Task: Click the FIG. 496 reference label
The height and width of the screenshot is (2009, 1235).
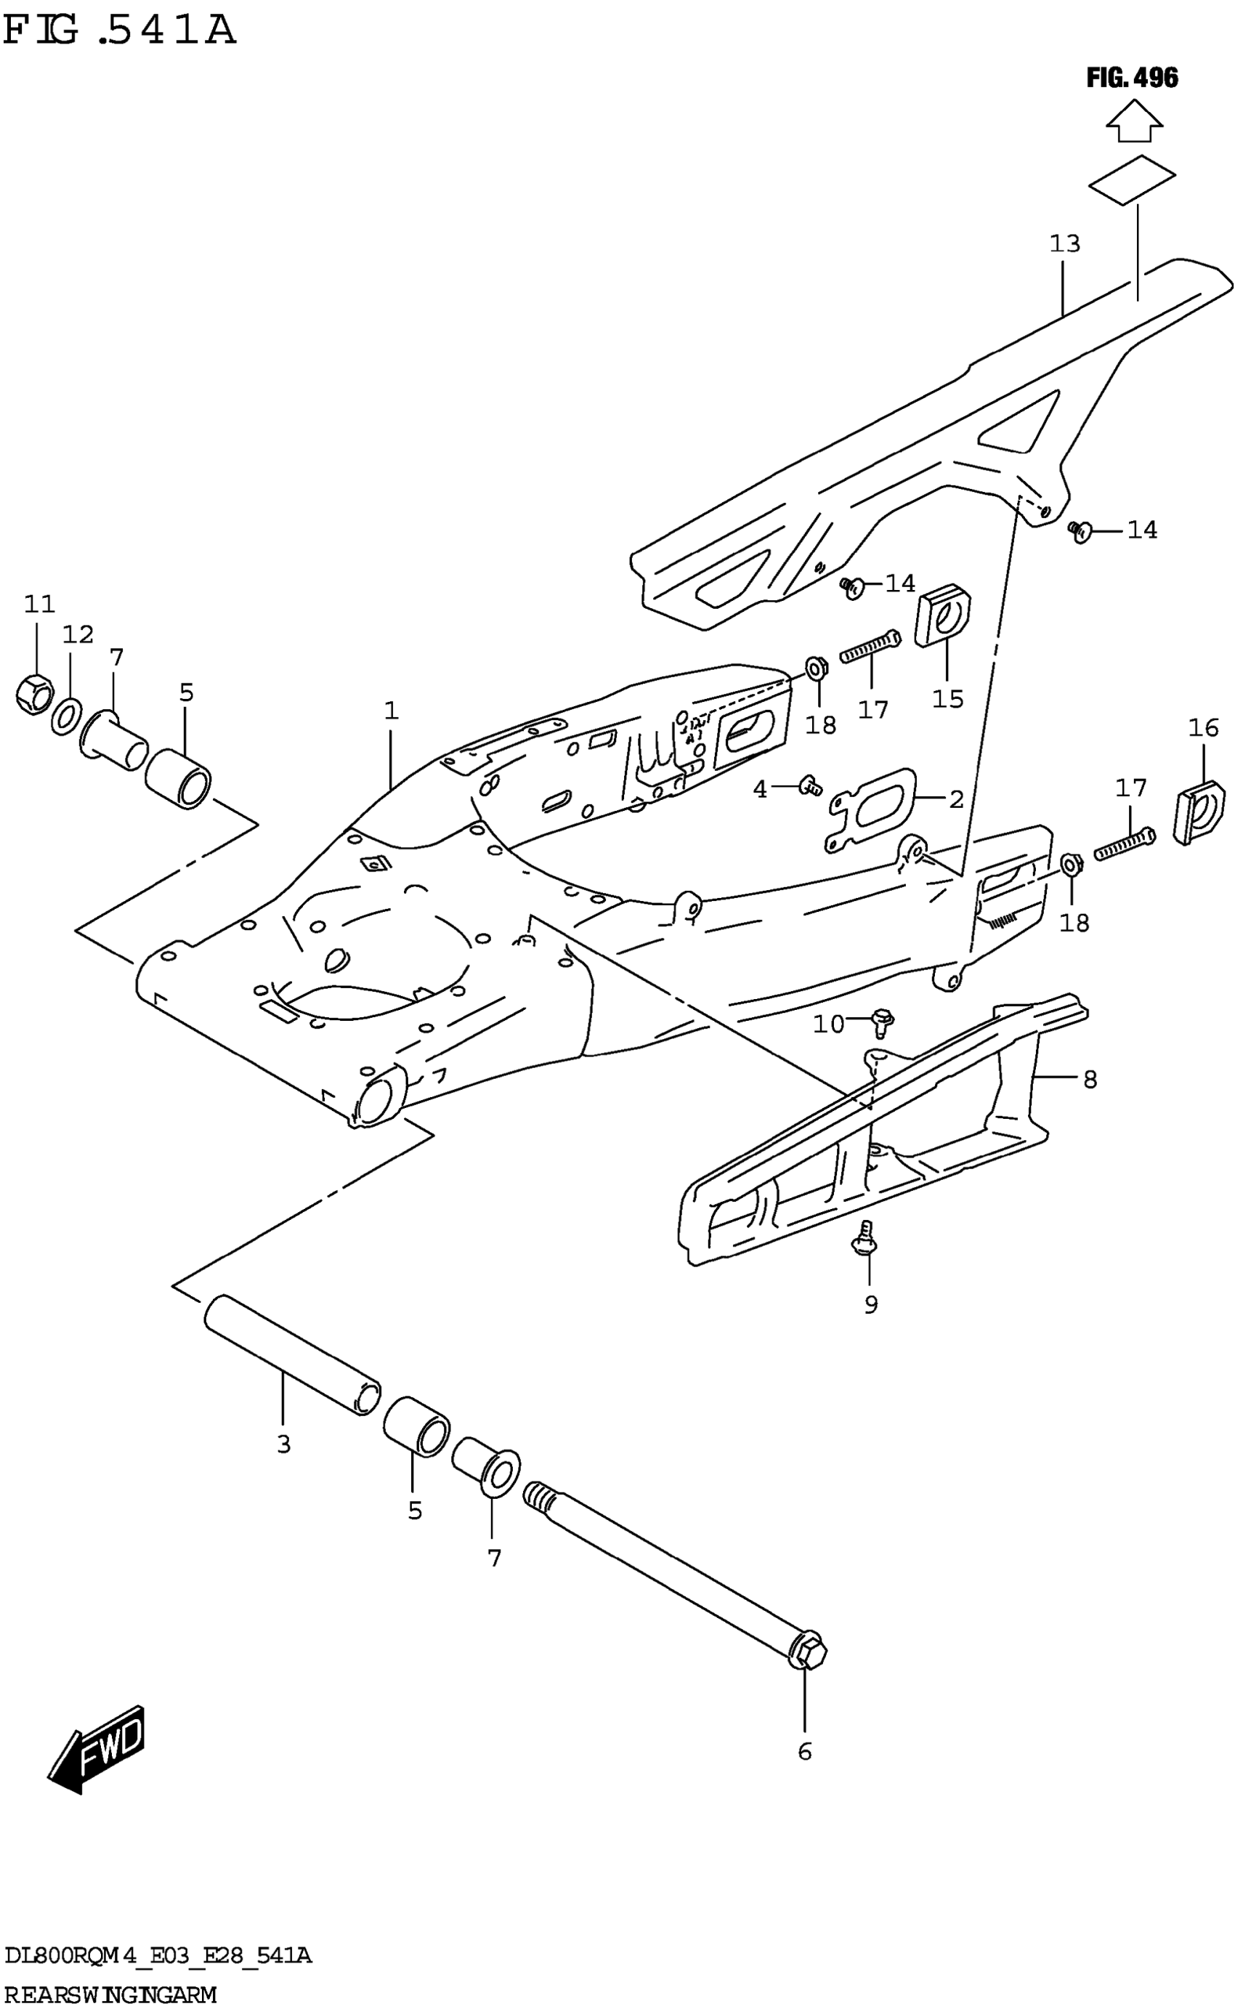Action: [1132, 78]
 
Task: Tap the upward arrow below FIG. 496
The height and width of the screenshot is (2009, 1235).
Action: [1134, 120]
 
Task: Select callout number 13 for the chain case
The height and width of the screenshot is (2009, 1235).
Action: [1064, 244]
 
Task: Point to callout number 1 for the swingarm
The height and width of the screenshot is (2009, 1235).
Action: [392, 711]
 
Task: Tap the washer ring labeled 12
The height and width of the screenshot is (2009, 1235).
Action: [66, 716]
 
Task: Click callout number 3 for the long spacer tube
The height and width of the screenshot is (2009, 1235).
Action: [283, 1444]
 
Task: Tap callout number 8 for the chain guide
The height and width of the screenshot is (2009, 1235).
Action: [1090, 1080]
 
